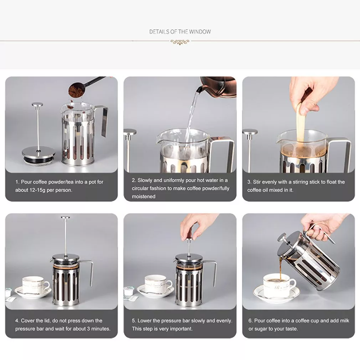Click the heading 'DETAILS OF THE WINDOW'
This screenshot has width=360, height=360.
click(180, 32)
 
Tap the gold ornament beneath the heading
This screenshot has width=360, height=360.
click(180, 42)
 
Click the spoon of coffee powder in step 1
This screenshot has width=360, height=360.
click(76, 90)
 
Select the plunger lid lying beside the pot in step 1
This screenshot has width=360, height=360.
click(38, 154)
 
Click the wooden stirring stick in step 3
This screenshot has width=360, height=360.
click(300, 126)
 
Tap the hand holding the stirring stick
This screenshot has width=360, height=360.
click(310, 92)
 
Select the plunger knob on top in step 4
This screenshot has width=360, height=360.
click(66, 218)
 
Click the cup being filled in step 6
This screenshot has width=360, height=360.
click(278, 285)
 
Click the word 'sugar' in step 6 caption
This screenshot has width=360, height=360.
click(262, 329)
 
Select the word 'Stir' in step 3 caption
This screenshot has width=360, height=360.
click(258, 182)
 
